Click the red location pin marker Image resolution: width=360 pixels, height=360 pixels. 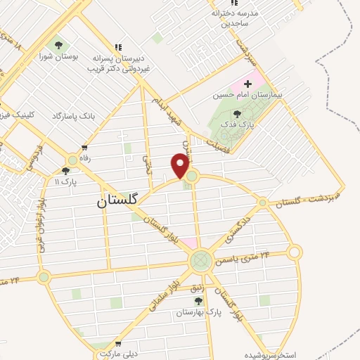coord(181,165)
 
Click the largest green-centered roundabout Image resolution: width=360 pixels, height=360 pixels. coord(200,262)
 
